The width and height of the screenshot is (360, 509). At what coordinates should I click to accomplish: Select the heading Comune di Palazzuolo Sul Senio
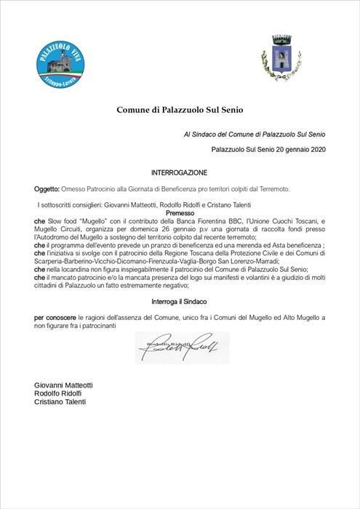180,110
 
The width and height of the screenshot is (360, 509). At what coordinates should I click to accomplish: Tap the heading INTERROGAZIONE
179,173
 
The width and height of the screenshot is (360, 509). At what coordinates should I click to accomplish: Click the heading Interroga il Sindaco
180,300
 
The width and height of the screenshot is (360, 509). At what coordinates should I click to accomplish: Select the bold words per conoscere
55,318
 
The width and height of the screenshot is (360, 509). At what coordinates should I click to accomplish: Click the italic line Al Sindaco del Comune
254,135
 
